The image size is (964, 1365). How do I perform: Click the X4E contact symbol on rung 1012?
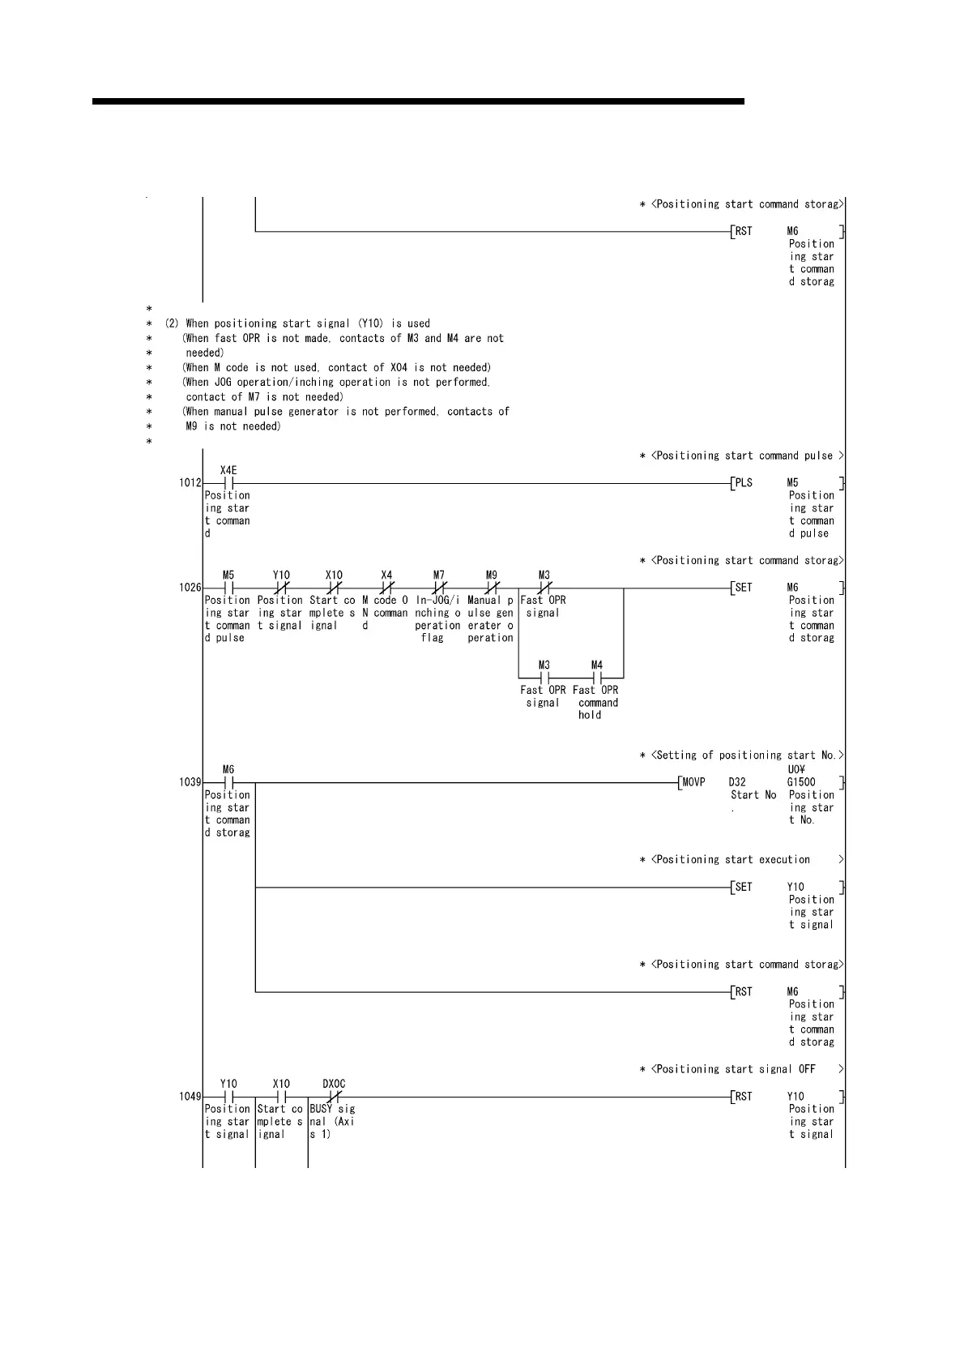(228, 483)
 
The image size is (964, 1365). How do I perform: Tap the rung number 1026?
(190, 588)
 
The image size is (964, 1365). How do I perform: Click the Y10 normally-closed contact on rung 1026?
(281, 588)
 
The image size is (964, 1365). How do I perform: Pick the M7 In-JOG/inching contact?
(439, 588)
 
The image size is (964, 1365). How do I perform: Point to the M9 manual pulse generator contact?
(492, 588)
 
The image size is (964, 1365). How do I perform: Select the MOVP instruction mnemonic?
(693, 782)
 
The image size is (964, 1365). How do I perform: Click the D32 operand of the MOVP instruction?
(737, 782)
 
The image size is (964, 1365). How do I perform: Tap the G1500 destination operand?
(801, 782)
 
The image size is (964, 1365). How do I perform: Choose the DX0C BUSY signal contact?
(334, 1097)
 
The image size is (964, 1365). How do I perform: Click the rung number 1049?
(190, 1097)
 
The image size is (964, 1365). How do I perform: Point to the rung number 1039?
(190, 782)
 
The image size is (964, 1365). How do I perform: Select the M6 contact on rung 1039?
(228, 782)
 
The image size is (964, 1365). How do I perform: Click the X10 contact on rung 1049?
(281, 1097)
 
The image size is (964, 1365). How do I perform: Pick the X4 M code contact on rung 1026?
(386, 588)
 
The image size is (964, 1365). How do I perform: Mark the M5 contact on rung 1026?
(228, 588)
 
